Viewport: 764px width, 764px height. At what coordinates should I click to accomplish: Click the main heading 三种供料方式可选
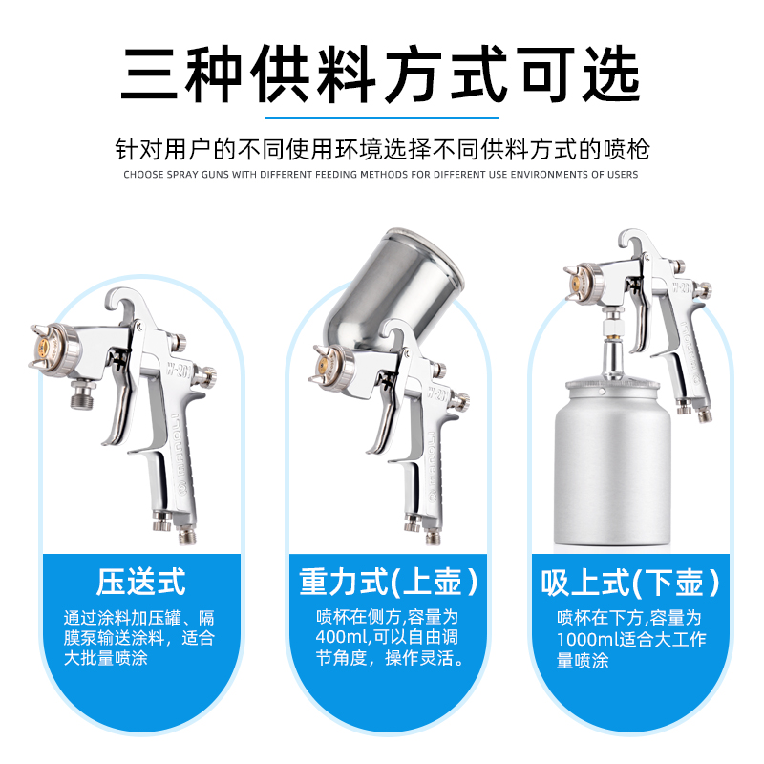click(380, 74)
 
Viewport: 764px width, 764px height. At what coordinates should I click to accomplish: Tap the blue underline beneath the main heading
click(381, 117)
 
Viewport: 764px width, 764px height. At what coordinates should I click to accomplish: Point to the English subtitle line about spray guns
click(380, 175)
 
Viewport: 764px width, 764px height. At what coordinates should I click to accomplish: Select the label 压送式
click(140, 582)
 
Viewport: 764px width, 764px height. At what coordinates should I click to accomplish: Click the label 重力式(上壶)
click(389, 582)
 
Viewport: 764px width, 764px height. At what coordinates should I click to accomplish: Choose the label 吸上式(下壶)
click(630, 583)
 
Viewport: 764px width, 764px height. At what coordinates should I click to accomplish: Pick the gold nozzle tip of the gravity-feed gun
click(322, 364)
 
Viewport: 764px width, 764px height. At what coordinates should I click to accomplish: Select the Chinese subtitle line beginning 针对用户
click(382, 149)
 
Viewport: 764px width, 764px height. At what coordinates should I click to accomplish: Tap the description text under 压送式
click(139, 638)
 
